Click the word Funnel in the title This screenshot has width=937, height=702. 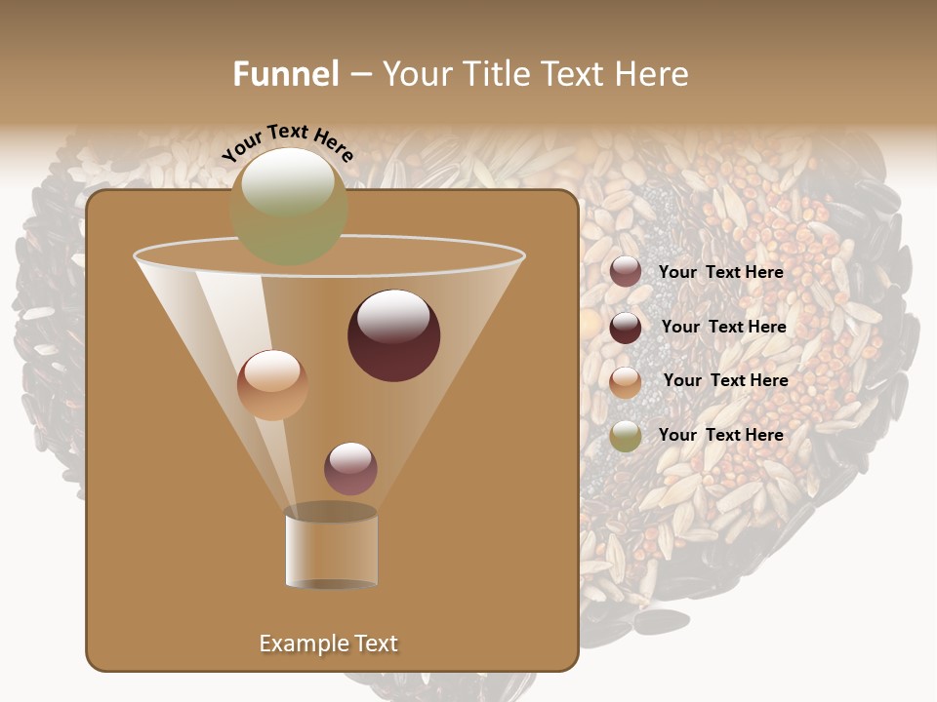pos(286,74)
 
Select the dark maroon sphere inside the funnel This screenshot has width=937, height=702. pos(393,334)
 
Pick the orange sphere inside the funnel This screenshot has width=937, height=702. pos(272,384)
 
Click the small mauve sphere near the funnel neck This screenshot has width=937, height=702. pos(350,468)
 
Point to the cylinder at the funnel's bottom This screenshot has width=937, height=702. pos(331,548)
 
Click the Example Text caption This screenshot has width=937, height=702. pos(328,643)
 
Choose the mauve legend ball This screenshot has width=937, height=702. pos(626,272)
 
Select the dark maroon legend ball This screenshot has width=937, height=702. pos(626,328)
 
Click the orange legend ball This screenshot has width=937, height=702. pos(626,382)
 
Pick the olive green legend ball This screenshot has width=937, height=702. pos(626,436)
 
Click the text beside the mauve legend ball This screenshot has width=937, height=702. pos(720,272)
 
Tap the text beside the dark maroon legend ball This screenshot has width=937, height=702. pos(723,327)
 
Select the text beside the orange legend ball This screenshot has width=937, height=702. pos(725,380)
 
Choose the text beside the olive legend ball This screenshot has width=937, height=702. pos(720,435)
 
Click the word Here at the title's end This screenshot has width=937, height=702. pos(653,74)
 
